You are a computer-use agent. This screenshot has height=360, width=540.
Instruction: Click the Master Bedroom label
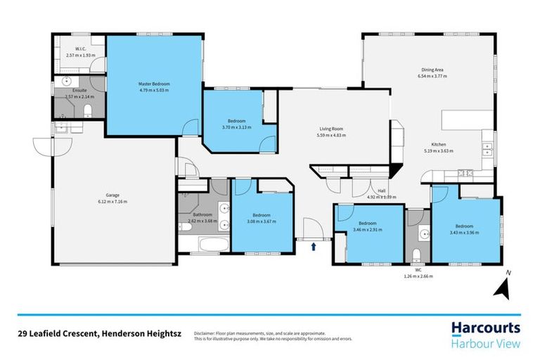[x=153, y=84]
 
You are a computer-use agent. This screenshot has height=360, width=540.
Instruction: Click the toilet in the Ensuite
[x=87, y=110]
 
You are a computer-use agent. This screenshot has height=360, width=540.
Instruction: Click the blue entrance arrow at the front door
[x=314, y=247]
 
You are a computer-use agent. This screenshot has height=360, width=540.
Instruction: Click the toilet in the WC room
[x=416, y=254]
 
